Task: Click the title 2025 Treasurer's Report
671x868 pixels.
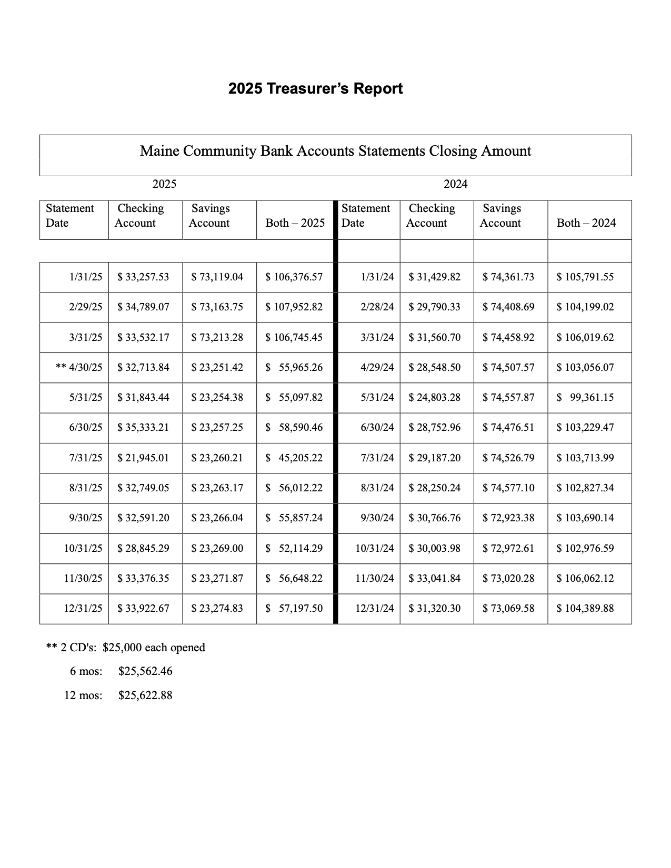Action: pos(315,88)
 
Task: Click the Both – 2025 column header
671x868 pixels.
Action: pos(295,223)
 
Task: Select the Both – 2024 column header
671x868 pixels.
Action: pos(586,223)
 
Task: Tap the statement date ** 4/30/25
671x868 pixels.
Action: pos(79,367)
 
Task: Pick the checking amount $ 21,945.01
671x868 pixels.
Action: pos(143,458)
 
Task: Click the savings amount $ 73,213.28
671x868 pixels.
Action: pos(217,337)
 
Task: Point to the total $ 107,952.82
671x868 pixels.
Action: pos(294,307)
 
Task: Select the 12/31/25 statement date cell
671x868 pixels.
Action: pos(83,608)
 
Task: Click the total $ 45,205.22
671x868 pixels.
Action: pos(294,458)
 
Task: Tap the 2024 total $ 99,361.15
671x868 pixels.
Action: pos(585,397)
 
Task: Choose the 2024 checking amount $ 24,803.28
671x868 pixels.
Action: pos(434,397)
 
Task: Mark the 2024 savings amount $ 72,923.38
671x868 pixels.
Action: pos(508,518)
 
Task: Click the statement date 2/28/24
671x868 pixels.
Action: pos(377,307)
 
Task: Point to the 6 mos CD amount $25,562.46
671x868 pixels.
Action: pos(145,671)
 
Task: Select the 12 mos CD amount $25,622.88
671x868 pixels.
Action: pos(145,695)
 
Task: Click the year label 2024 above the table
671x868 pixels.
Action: pos(455,184)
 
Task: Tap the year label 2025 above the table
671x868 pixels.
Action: pos(164,184)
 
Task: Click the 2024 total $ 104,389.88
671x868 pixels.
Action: pos(585,608)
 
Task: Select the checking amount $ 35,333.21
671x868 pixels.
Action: pos(143,427)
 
